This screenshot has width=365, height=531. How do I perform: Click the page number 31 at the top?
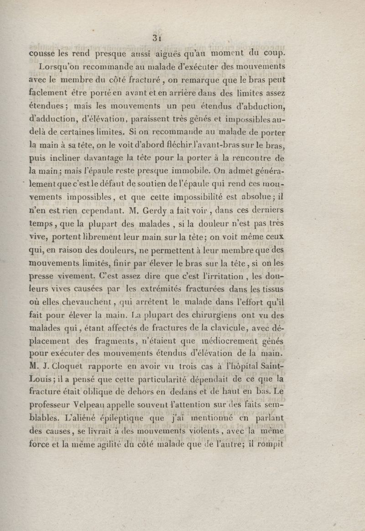point(158,38)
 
